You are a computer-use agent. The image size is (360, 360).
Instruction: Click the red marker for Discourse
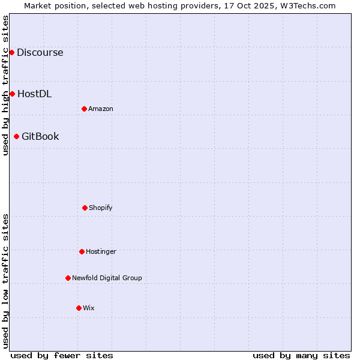pos(11,52)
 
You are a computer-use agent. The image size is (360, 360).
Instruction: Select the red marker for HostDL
pos(12,94)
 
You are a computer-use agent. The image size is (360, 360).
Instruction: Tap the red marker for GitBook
pos(16,136)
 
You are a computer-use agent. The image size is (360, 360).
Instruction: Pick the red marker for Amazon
pos(84,109)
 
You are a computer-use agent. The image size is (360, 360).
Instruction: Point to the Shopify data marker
pos(85,208)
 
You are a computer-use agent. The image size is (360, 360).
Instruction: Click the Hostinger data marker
pos(82,251)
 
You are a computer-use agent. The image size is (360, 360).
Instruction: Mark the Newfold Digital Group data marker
pos(68,278)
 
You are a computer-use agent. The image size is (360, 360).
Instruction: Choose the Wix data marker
pos(79,308)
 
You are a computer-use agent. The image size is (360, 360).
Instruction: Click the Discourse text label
pos(40,52)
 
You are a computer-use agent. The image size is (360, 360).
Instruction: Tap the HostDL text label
pos(34,94)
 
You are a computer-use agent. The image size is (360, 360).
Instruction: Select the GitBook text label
pos(40,136)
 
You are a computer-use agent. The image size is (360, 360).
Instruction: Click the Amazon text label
pos(101,109)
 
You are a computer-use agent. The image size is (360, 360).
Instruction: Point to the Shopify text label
pos(101,208)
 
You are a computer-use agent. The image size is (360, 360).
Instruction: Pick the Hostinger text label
pos(101,251)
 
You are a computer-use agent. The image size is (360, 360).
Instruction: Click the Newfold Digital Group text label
pos(107,278)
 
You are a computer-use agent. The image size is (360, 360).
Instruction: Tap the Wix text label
pos(89,308)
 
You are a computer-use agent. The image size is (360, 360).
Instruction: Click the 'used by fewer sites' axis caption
pos(62,355)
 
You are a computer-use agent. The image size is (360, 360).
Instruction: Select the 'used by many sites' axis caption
pos(301,355)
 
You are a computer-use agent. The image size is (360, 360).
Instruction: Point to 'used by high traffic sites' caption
pos(5,86)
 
